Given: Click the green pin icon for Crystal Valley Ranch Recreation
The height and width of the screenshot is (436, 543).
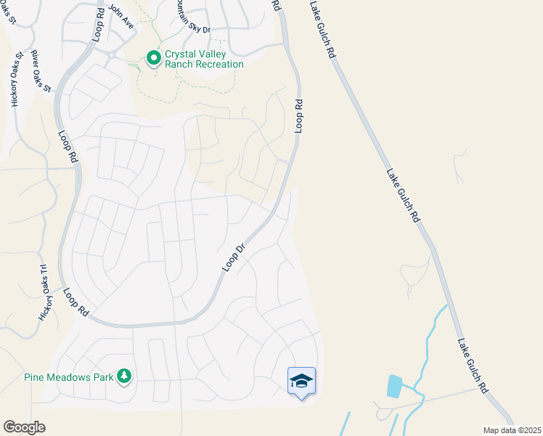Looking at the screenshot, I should [x=153, y=58].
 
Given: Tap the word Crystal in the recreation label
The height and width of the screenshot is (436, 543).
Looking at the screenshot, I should [x=183, y=54].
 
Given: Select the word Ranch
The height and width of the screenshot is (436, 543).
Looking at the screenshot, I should [x=181, y=65].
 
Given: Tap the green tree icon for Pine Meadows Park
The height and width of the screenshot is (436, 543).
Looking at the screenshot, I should [x=125, y=376].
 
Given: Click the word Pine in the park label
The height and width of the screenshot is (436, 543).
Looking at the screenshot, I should [x=35, y=377].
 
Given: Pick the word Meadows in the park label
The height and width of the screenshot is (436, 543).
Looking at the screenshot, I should [x=70, y=377].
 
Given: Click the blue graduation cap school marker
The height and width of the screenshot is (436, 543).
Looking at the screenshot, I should [x=302, y=381].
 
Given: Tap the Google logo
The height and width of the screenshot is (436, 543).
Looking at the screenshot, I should [x=24, y=427].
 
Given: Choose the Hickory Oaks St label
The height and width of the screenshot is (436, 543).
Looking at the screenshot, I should [x=15, y=81].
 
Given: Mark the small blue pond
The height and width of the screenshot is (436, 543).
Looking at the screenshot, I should [x=394, y=385].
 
